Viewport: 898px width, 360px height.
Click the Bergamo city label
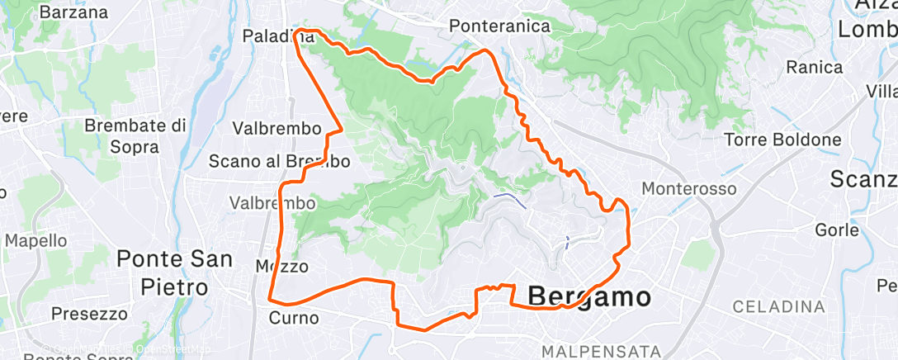point(588,296)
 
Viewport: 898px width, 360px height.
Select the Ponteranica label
point(499,26)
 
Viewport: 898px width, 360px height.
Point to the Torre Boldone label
point(782,140)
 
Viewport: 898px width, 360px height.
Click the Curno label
point(293,318)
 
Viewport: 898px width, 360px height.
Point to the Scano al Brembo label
point(267,161)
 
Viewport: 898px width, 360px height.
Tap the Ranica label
point(815,67)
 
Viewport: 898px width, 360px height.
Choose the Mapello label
point(35,241)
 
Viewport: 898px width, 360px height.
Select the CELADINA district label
point(779,306)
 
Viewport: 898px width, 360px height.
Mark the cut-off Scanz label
point(863,179)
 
